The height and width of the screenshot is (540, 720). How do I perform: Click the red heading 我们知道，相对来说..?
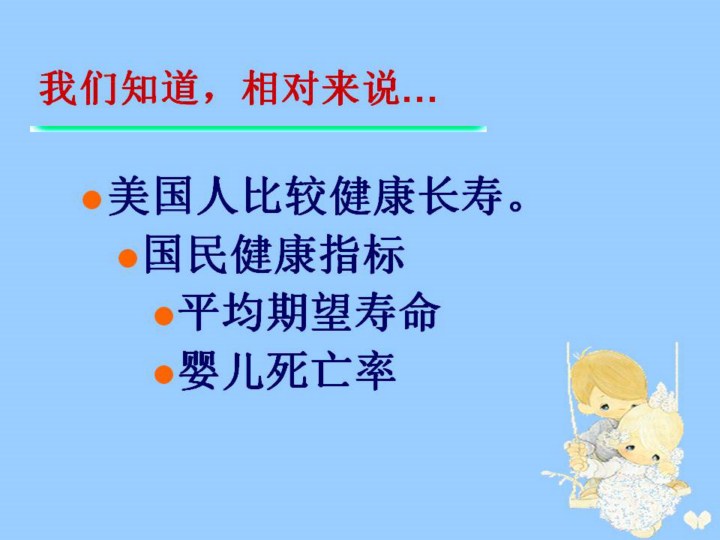(x=237, y=89)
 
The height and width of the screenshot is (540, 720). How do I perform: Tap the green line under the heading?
(x=258, y=129)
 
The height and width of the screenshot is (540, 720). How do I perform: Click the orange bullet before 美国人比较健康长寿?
(x=92, y=200)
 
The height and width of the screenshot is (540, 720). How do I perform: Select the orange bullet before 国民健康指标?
(x=128, y=258)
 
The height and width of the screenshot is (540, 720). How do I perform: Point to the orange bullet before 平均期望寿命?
(x=164, y=316)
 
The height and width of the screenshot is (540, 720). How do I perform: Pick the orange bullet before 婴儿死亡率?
(x=164, y=374)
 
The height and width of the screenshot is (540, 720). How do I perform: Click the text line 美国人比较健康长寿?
(x=315, y=196)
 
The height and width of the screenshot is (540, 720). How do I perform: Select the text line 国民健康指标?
(x=274, y=254)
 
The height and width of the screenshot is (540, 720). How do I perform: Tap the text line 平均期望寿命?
(x=309, y=312)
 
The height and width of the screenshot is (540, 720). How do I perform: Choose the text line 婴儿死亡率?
(x=287, y=371)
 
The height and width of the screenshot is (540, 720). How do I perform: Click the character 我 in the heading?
(x=57, y=89)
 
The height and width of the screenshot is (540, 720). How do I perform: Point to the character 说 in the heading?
(x=381, y=89)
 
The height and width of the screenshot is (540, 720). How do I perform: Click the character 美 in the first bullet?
(x=129, y=196)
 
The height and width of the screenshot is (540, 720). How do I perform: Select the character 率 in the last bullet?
(x=375, y=371)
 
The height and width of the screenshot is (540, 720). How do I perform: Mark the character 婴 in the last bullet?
(x=200, y=371)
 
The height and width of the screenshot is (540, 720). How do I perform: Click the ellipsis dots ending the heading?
(x=419, y=98)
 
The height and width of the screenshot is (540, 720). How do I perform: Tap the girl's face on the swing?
(x=642, y=446)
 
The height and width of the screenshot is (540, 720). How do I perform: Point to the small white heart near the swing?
(x=695, y=518)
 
